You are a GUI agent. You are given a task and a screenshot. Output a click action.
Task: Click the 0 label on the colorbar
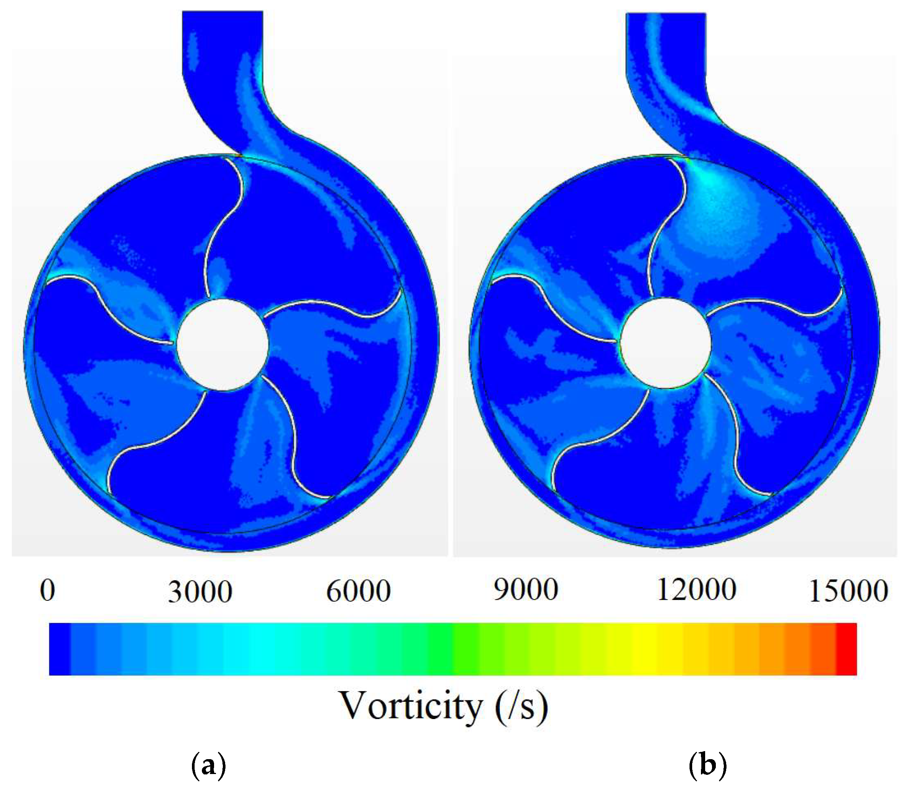[x=47, y=591]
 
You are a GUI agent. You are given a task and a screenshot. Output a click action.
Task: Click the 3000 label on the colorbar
[x=200, y=592]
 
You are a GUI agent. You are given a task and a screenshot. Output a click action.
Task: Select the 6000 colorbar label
[x=358, y=591]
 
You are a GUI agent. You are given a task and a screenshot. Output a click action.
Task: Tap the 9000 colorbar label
[x=525, y=590]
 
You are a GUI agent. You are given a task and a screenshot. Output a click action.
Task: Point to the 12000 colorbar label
[x=696, y=590]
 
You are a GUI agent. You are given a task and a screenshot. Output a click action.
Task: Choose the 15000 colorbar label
[x=848, y=591]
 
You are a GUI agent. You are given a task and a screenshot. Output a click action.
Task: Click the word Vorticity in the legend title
[x=411, y=706]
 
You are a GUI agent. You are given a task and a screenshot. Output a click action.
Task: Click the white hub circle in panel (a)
[x=222, y=345]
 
